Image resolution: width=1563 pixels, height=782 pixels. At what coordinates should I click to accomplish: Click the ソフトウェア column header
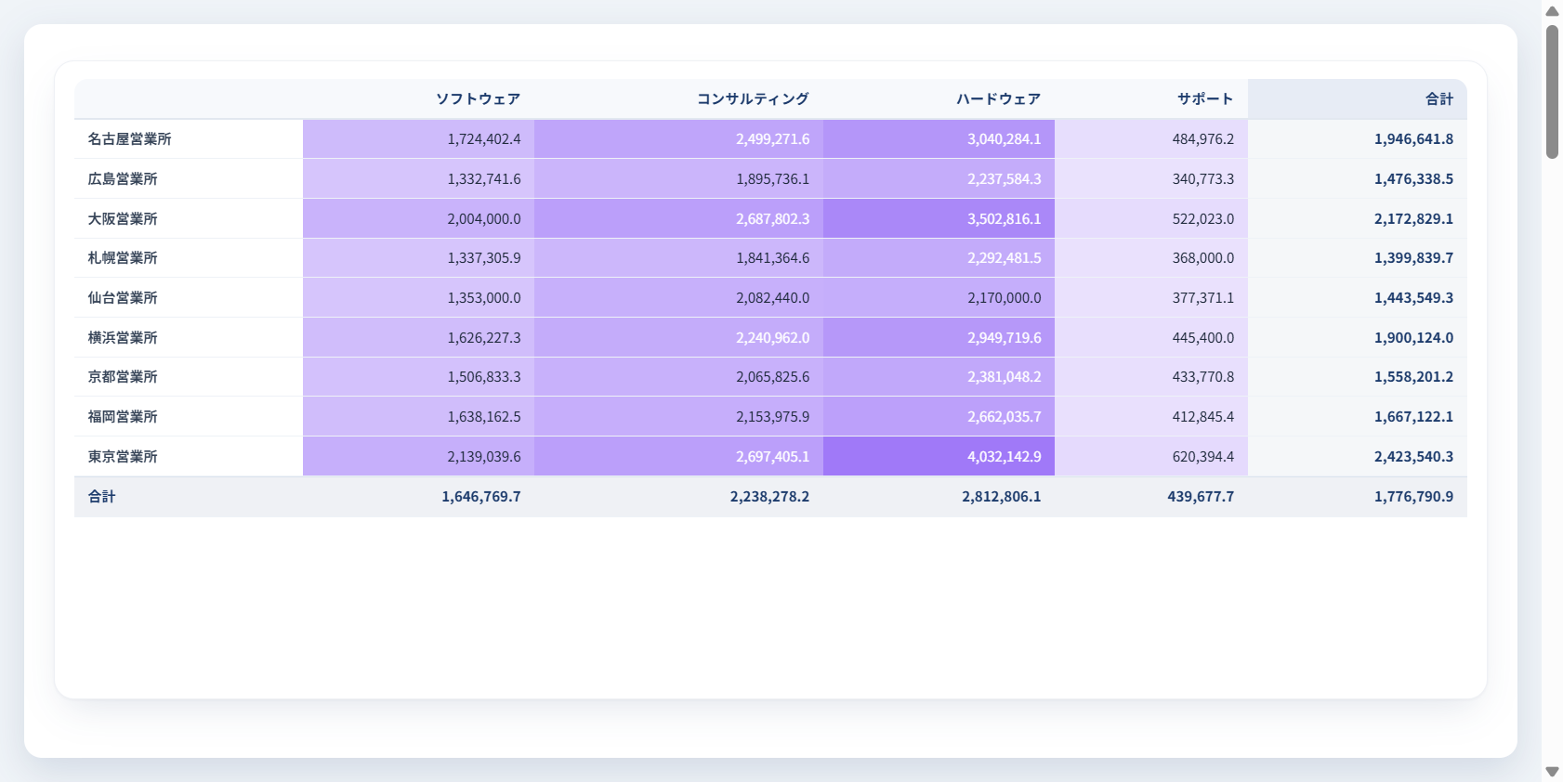pos(478,99)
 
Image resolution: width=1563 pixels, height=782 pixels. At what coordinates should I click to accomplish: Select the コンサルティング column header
pos(753,99)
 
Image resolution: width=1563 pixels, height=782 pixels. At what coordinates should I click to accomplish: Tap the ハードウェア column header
pos(999,99)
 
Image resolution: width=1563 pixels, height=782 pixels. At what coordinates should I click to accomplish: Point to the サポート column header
pos(1205,99)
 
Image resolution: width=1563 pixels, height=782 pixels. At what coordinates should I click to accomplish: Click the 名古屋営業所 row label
pos(130,138)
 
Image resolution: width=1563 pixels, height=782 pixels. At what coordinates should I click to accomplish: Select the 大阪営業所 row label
pos(123,218)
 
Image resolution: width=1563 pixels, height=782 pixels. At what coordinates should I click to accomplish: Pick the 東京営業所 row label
pos(123,456)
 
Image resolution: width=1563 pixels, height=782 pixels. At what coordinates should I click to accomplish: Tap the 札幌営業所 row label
pos(123,258)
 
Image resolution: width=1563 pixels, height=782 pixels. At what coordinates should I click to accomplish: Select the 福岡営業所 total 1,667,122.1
pos(1413,416)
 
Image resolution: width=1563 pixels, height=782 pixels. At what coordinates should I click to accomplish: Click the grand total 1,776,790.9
pos(1413,496)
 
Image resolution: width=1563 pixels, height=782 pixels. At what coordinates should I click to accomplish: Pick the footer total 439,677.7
pos(1201,496)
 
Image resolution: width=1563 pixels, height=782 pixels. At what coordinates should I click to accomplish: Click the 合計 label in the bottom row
pos(102,496)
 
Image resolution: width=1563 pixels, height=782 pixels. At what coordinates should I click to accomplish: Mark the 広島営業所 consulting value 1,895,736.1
pos(772,178)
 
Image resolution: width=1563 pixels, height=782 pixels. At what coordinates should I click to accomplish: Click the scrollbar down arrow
pos(1553,772)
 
